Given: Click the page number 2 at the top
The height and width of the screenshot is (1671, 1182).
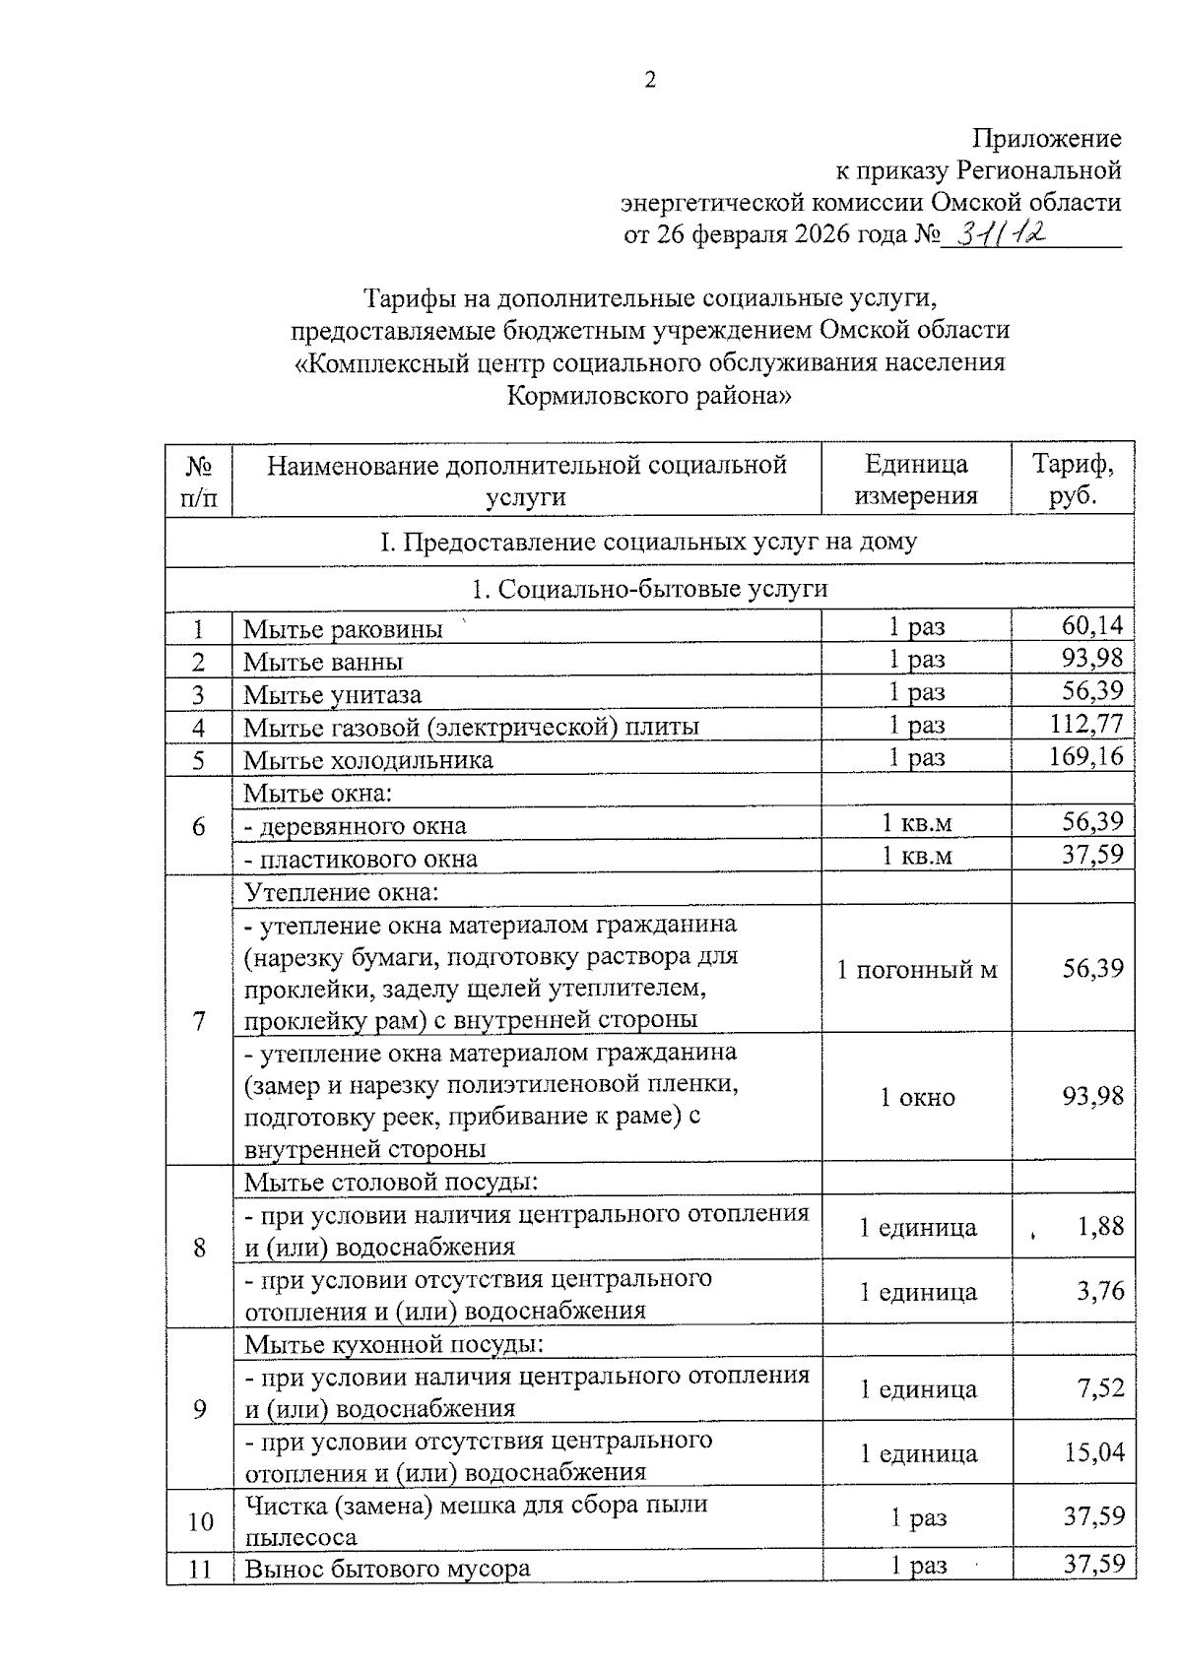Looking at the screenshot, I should click(x=650, y=81).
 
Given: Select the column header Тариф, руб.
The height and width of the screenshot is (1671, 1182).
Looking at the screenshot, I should click(x=1073, y=479).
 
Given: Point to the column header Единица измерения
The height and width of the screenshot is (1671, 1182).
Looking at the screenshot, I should click(x=916, y=479).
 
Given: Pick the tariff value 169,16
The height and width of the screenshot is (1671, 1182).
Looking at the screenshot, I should click(x=1085, y=757).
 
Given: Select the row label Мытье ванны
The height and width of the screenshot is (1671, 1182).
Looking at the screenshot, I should click(x=323, y=662).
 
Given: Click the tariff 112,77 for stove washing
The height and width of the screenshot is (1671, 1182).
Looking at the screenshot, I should click(x=1085, y=725).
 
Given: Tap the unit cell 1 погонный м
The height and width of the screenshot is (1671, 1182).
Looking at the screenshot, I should click(x=916, y=970).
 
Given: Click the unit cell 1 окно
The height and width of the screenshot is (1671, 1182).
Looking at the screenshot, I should click(x=917, y=1098).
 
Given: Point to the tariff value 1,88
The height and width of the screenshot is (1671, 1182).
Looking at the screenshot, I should click(x=1100, y=1226).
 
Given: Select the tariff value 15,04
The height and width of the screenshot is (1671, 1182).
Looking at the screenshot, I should click(x=1093, y=1452).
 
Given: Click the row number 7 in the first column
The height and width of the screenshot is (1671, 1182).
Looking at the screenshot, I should click(x=199, y=1020).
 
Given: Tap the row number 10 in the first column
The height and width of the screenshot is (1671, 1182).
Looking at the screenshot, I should click(x=200, y=1521).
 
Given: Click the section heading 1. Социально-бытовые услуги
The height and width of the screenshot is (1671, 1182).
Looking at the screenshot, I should click(x=650, y=589).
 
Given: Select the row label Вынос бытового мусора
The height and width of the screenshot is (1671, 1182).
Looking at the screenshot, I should click(x=387, y=1569).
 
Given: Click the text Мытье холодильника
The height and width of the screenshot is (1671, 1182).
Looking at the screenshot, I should click(x=368, y=760).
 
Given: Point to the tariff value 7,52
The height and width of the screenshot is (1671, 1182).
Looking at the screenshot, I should click(x=1100, y=1388).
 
